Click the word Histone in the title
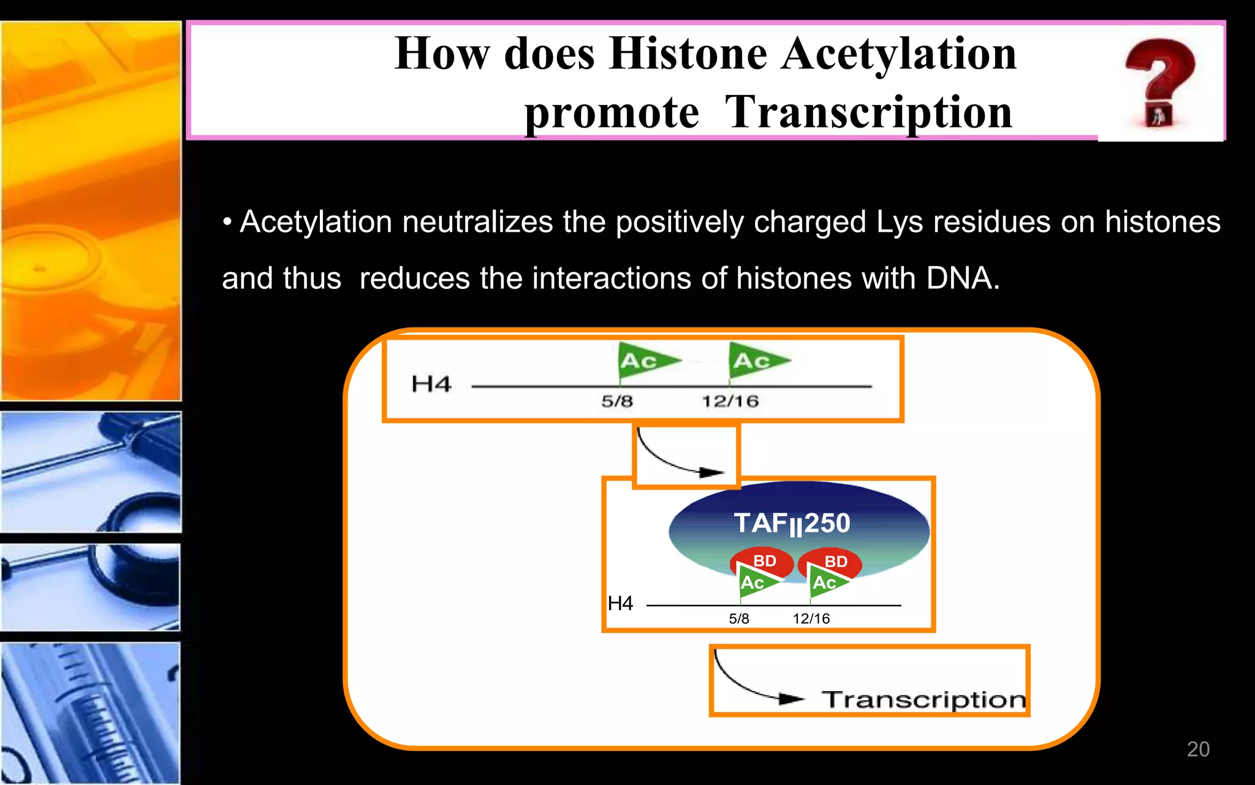pos(688,54)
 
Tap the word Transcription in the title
pos(868,113)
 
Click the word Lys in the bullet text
pos(899,222)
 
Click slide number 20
pos(1197,749)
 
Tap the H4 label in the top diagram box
pos(431,385)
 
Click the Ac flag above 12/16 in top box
pos(756,360)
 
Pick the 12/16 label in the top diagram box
pos(730,402)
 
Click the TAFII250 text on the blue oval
pos(792,524)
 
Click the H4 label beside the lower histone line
pos(620,603)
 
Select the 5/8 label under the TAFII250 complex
pos(738,619)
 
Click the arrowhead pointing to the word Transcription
pos(792,699)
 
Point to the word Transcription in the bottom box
pos(923,700)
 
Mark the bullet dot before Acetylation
pos(227,223)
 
